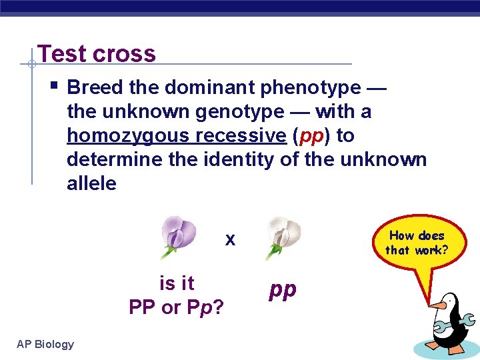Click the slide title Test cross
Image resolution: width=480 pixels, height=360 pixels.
[97, 53]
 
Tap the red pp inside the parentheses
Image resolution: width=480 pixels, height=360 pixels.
[312, 136]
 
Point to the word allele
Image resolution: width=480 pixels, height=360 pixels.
[91, 183]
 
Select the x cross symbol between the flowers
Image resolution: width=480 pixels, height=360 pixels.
[230, 239]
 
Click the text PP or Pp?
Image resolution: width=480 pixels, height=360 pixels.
[176, 307]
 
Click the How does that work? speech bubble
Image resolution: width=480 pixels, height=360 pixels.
[416, 244]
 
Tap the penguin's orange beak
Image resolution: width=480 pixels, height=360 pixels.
[437, 305]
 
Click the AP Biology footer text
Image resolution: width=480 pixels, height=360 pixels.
[45, 344]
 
